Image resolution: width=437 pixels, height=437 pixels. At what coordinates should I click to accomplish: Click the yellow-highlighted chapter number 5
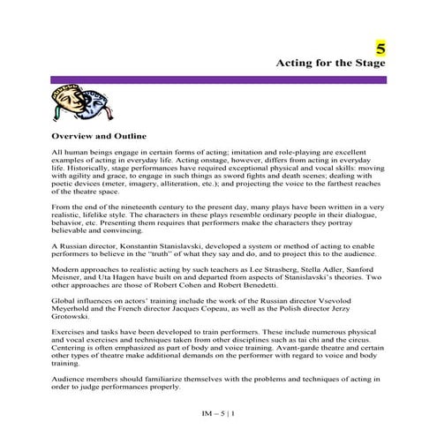380,48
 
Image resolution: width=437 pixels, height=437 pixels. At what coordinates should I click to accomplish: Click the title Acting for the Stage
331,64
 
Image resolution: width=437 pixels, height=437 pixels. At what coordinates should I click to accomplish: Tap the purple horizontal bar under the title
218,80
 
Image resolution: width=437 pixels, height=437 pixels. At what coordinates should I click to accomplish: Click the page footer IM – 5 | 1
217,412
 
